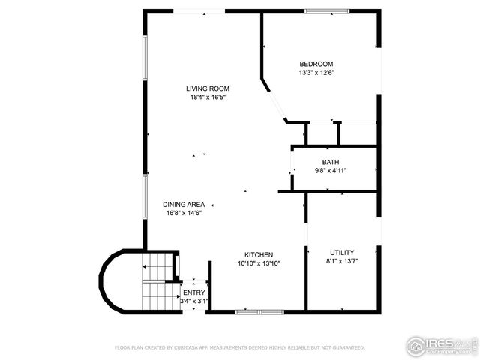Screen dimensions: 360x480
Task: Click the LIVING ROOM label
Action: coord(208,88)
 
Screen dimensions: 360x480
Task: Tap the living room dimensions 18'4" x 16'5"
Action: coord(208,97)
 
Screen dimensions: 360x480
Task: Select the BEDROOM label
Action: coord(316,64)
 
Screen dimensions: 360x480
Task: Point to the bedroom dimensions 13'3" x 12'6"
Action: coord(316,73)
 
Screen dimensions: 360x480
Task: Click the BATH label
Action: coord(331,162)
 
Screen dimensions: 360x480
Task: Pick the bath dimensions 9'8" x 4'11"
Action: coord(331,171)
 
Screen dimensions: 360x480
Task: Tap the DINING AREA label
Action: coord(184,204)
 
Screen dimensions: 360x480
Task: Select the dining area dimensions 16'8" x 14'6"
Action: coord(184,213)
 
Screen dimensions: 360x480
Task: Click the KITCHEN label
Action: coord(259,254)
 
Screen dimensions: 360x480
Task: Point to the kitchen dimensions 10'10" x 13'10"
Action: coord(259,263)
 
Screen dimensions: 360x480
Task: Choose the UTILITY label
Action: coord(342,252)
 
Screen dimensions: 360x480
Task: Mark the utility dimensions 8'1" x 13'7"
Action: coord(342,261)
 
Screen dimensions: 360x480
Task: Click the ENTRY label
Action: coord(194,292)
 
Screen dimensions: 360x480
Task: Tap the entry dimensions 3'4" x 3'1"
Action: coord(194,301)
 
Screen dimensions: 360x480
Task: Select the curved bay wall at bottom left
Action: coord(109,281)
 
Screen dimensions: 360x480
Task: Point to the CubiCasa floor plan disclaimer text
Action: coord(239,347)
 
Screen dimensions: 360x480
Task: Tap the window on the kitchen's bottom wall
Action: coord(257,310)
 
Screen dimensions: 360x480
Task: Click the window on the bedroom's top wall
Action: coord(325,11)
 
